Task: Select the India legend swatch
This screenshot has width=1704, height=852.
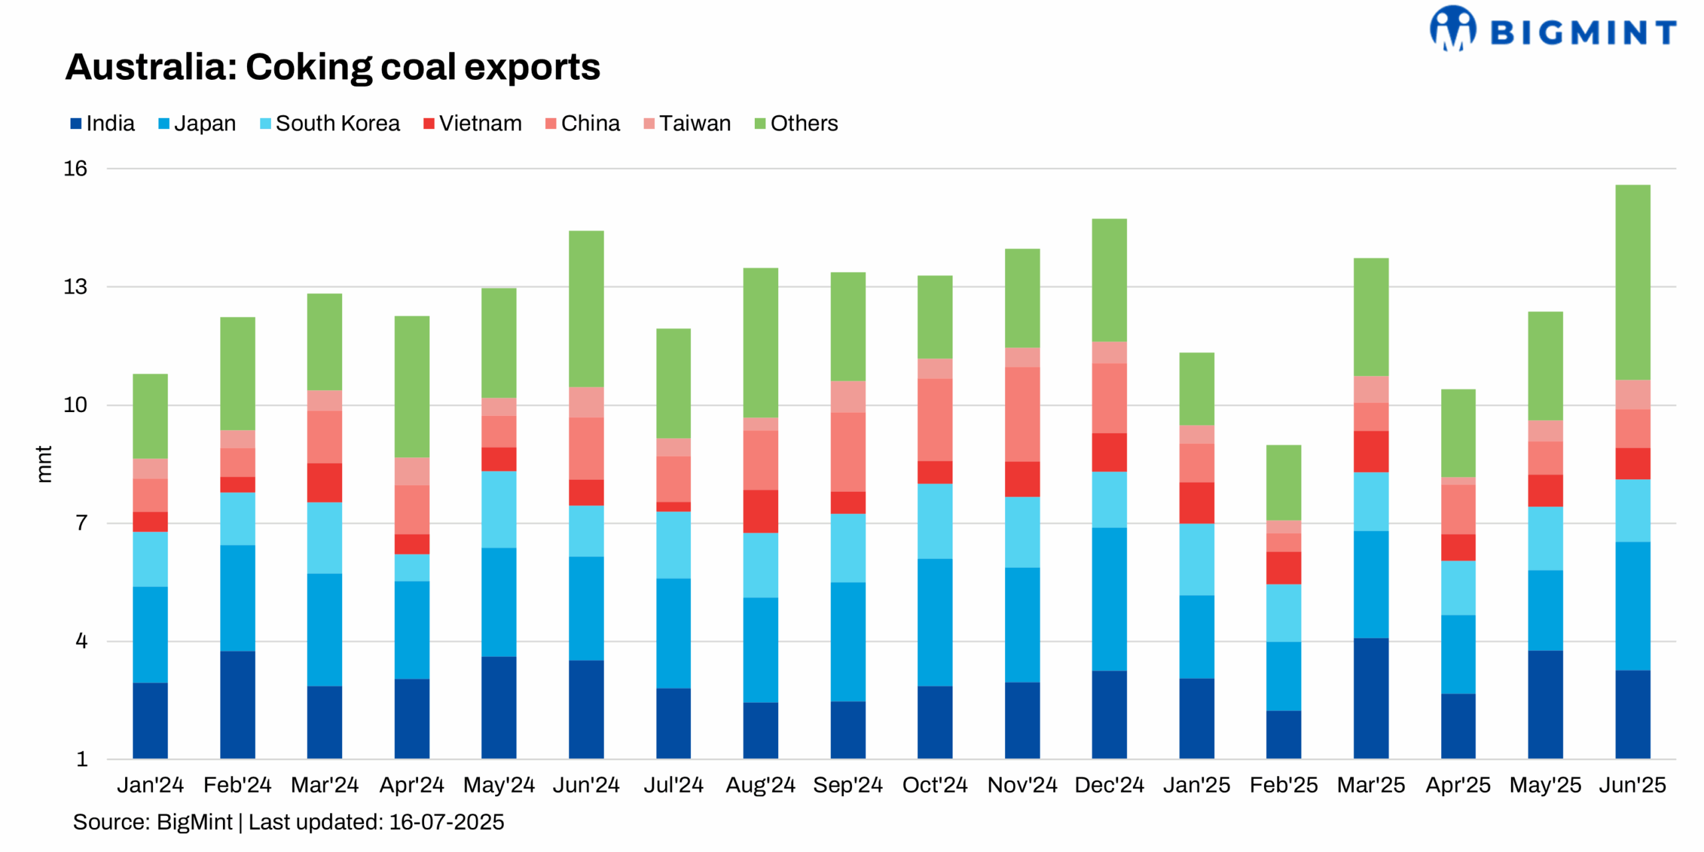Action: click(76, 124)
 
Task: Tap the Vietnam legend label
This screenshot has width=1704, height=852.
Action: click(480, 124)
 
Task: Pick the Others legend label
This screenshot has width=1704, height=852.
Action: click(803, 124)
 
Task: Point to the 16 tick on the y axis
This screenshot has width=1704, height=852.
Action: click(75, 168)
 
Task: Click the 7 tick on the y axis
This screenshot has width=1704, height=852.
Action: click(81, 523)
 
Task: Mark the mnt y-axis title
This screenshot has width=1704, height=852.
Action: click(43, 464)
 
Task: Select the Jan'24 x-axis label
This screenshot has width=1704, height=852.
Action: click(150, 785)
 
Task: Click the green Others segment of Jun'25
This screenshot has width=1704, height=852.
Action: click(1632, 282)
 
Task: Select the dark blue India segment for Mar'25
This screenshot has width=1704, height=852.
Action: click(1371, 698)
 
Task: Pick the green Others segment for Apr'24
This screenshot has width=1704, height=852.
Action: click(411, 387)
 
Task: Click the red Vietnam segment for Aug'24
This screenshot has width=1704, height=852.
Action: click(760, 511)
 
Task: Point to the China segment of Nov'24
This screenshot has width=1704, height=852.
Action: click(1022, 414)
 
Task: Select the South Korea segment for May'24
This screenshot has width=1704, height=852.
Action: click(499, 509)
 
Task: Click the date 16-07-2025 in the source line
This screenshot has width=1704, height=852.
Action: click(446, 822)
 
